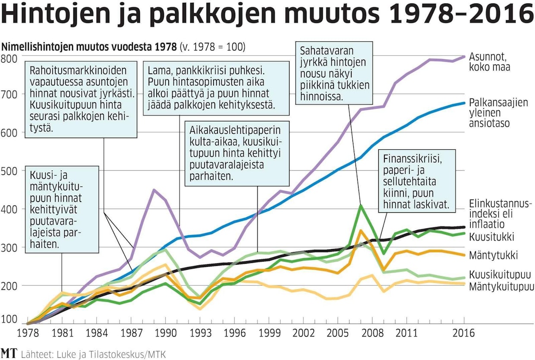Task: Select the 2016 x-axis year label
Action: pyautogui.click(x=464, y=333)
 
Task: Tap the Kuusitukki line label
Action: pyautogui.click(x=486, y=237)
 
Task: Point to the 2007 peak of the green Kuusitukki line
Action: pyautogui.click(x=361, y=205)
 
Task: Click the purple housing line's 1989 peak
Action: pyautogui.click(x=154, y=190)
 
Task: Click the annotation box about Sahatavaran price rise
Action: pyautogui.click(x=334, y=73)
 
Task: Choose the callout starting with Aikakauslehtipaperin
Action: pyautogui.click(x=237, y=154)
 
